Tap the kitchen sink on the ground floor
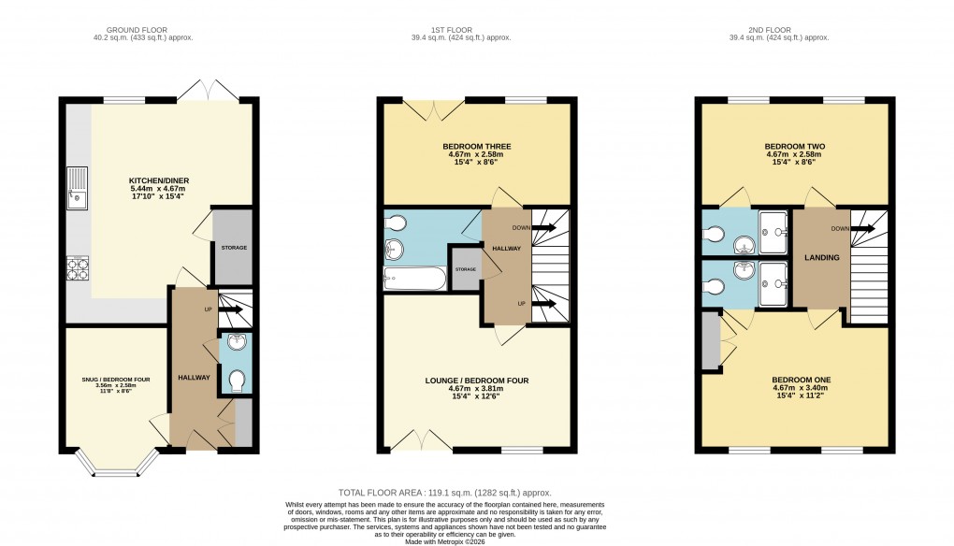[75, 193]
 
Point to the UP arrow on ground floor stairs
[223, 308]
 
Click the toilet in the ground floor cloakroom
[237, 381]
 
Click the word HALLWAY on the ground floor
[194, 376]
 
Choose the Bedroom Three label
[477, 147]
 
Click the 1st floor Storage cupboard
[465, 269]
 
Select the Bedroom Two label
[795, 147]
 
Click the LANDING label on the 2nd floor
[820, 258]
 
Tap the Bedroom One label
[795, 380]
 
